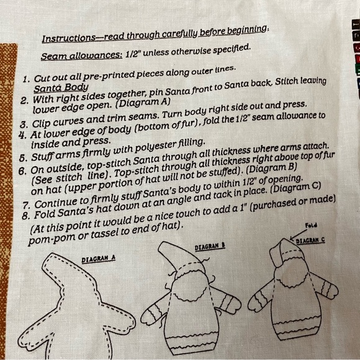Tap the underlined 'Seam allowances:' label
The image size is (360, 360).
tap(81, 55)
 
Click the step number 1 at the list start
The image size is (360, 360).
tap(26, 79)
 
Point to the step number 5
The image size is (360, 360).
tap(23, 158)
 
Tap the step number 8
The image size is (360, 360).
tap(25, 215)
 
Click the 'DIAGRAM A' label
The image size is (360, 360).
tap(99, 259)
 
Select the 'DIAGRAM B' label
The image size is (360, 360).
tap(210, 246)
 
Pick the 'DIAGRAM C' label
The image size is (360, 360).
tap(310, 240)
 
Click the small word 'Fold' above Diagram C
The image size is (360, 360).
tap(311, 225)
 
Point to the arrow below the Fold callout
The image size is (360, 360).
tap(298, 235)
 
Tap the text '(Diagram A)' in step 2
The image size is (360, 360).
tap(143, 103)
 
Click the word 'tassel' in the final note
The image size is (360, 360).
tap(106, 233)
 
